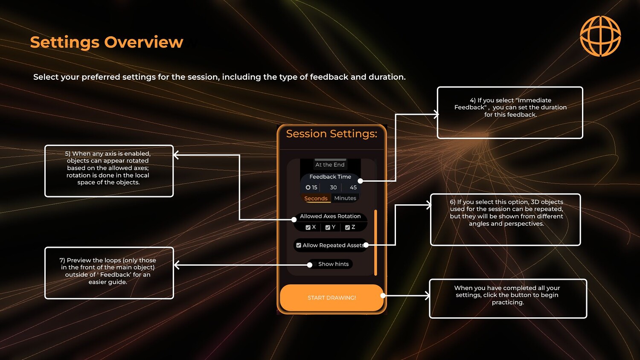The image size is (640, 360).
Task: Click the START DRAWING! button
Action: (332, 298)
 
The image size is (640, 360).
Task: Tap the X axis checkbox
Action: (308, 227)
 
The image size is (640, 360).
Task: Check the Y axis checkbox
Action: (328, 227)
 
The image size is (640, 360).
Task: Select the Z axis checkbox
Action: (347, 227)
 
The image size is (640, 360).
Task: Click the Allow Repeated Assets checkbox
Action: (299, 245)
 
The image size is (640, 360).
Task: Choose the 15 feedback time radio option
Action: (308, 187)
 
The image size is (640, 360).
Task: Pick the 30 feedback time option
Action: (333, 187)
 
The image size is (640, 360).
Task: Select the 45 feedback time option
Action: (353, 187)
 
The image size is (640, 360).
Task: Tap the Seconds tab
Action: (316, 198)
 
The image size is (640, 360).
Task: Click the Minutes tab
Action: (345, 198)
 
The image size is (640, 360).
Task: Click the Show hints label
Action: (333, 264)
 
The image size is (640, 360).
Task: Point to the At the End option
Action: (330, 165)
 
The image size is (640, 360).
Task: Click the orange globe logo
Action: (600, 36)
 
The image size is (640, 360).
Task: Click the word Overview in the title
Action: (143, 42)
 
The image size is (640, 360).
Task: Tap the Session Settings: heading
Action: (332, 134)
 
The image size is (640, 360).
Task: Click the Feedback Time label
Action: (330, 177)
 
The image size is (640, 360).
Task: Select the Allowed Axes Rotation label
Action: (330, 216)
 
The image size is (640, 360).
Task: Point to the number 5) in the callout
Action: (67, 154)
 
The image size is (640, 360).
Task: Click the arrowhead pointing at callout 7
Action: (176, 265)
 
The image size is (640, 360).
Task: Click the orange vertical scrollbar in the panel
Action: (375, 243)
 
